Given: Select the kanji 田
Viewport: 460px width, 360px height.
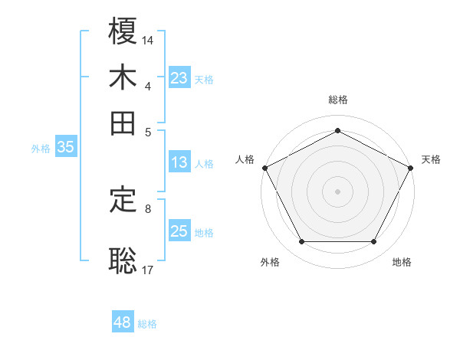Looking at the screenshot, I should (123, 122).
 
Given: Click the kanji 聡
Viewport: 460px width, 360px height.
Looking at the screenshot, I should (123, 260).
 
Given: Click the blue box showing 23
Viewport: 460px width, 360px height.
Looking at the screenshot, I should (179, 78).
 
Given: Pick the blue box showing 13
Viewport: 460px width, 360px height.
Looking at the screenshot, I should (179, 162).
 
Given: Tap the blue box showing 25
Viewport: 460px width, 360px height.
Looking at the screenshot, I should (179, 231).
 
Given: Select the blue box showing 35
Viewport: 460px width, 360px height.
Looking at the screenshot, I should (65, 148).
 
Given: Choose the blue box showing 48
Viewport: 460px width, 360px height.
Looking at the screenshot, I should (123, 322).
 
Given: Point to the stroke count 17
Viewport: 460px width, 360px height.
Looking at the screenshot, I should (148, 269).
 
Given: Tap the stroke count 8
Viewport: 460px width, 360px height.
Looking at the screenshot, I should (148, 208).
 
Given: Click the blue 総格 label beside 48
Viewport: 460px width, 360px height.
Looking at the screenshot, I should (147, 324).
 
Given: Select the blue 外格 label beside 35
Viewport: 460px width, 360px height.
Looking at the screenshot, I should (41, 149).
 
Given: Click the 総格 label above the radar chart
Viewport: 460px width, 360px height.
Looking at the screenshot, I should (337, 100).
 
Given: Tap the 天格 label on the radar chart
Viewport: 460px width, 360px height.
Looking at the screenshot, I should (431, 159).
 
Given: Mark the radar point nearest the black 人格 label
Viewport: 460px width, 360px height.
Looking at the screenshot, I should (264, 167).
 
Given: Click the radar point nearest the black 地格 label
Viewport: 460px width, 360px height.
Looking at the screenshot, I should (374, 242).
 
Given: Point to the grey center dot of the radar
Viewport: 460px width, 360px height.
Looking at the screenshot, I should (337, 191).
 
